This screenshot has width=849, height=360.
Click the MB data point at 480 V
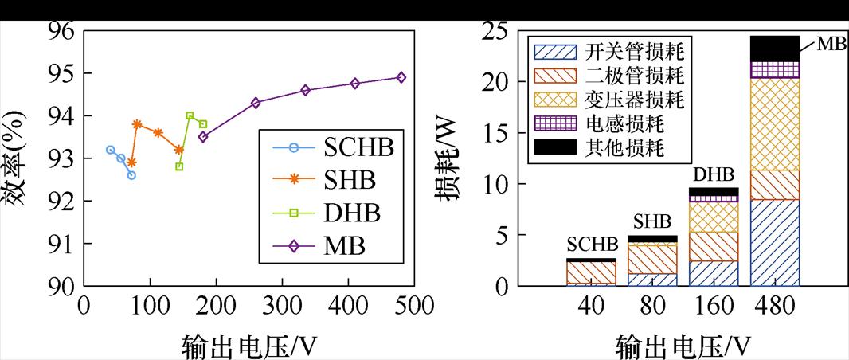(x=401, y=77)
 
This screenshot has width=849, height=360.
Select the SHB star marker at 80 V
(x=137, y=124)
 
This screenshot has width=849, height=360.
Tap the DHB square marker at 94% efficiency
(x=190, y=115)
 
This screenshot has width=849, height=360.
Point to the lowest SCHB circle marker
(x=131, y=175)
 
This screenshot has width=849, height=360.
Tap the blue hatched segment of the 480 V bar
(x=775, y=242)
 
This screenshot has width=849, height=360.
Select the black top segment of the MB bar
(x=775, y=48)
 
